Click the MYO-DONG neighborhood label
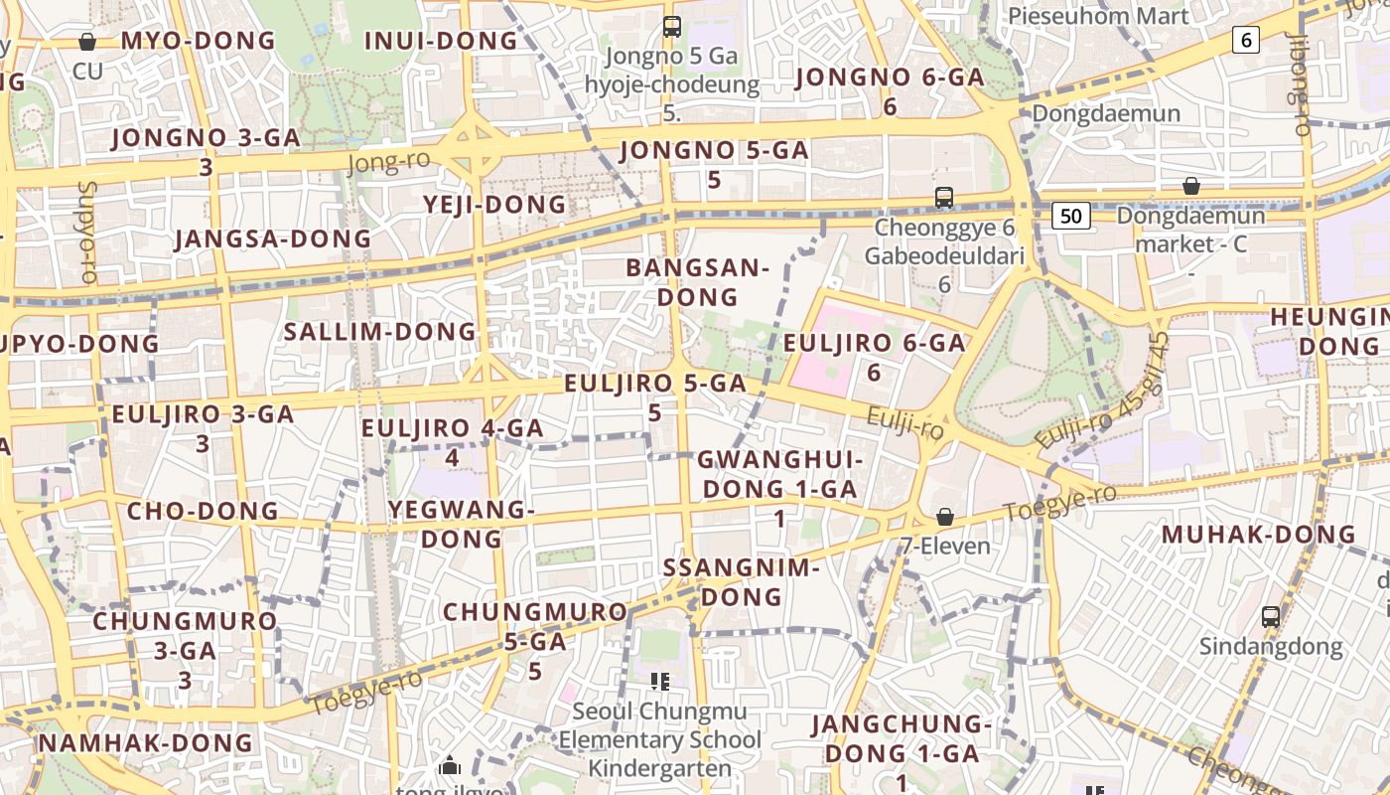tap(198, 41)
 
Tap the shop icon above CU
tap(87, 42)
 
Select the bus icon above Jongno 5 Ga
tap(672, 27)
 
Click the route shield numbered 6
tap(1245, 40)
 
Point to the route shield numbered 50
tap(1071, 215)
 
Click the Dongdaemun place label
tap(1106, 113)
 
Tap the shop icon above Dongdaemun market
tap(1190, 186)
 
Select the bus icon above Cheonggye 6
tap(943, 198)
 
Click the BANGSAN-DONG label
tap(698, 282)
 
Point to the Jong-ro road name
tap(389, 162)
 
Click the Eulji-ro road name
tap(904, 423)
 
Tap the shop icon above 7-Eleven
tap(944, 518)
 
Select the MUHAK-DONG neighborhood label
tap(1258, 535)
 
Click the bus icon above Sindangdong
tap(1270, 616)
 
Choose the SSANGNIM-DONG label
tap(741, 582)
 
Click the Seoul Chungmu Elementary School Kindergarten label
tap(659, 740)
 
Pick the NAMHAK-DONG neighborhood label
tap(145, 743)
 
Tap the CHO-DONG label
tap(203, 512)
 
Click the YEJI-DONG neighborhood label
tap(494, 205)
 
